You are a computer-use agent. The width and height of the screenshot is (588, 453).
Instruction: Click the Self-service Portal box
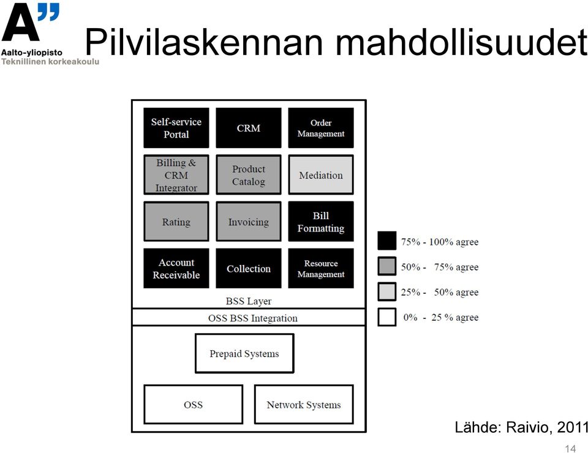point(176,128)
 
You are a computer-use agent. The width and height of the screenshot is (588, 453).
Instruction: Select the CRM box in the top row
point(249,128)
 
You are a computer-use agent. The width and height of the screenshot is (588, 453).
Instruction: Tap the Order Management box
point(321,128)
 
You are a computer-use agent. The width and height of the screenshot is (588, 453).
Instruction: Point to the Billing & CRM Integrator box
point(176,174)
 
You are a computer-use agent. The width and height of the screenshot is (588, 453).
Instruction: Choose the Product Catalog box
point(249,174)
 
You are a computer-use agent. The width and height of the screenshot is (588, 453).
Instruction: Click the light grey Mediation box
point(321,174)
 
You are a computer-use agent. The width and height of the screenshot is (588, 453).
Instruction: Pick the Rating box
point(176,222)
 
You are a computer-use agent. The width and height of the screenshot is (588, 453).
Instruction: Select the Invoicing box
point(249,222)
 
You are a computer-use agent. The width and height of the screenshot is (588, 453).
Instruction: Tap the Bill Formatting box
point(321,222)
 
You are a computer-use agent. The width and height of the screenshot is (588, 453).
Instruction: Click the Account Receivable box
point(176,268)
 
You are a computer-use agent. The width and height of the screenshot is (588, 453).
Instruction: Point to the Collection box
point(249,268)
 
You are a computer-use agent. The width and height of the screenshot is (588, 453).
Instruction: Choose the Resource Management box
point(321,268)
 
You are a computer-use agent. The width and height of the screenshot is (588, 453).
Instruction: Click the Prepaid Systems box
point(244,353)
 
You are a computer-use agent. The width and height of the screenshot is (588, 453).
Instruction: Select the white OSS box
point(193,404)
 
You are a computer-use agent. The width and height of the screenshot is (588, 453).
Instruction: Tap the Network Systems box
point(304,404)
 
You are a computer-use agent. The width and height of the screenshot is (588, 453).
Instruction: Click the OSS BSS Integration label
point(253,318)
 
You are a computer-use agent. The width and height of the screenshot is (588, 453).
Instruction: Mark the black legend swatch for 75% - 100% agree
point(387,241)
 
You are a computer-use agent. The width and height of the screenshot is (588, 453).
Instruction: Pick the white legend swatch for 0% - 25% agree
point(387,317)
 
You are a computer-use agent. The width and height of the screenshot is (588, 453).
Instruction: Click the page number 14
point(570,449)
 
